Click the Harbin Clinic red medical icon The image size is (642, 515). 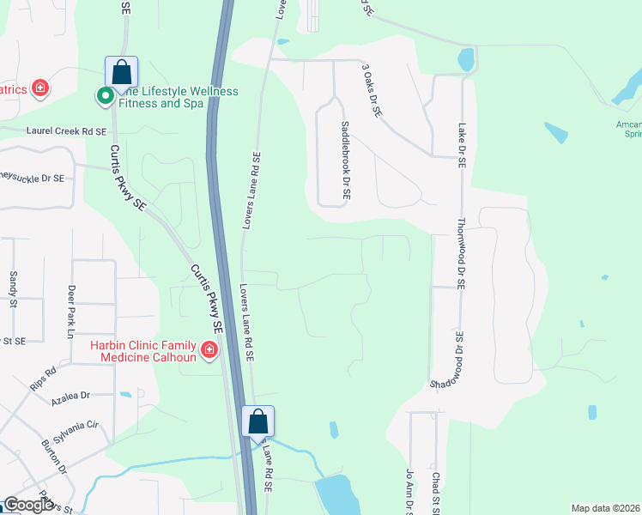pyautogui.click(x=209, y=349)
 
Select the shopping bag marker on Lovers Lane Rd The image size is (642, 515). pyautogui.click(x=257, y=421)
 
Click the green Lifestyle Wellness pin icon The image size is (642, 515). pyautogui.click(x=105, y=96)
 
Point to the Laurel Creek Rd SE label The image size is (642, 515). pyautogui.click(x=67, y=131)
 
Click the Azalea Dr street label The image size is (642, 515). pyautogui.click(x=70, y=396)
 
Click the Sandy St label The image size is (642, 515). pyautogui.click(x=13, y=283)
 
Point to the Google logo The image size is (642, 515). pyautogui.click(x=28, y=506)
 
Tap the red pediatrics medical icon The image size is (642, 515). pyautogui.click(x=39, y=88)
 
